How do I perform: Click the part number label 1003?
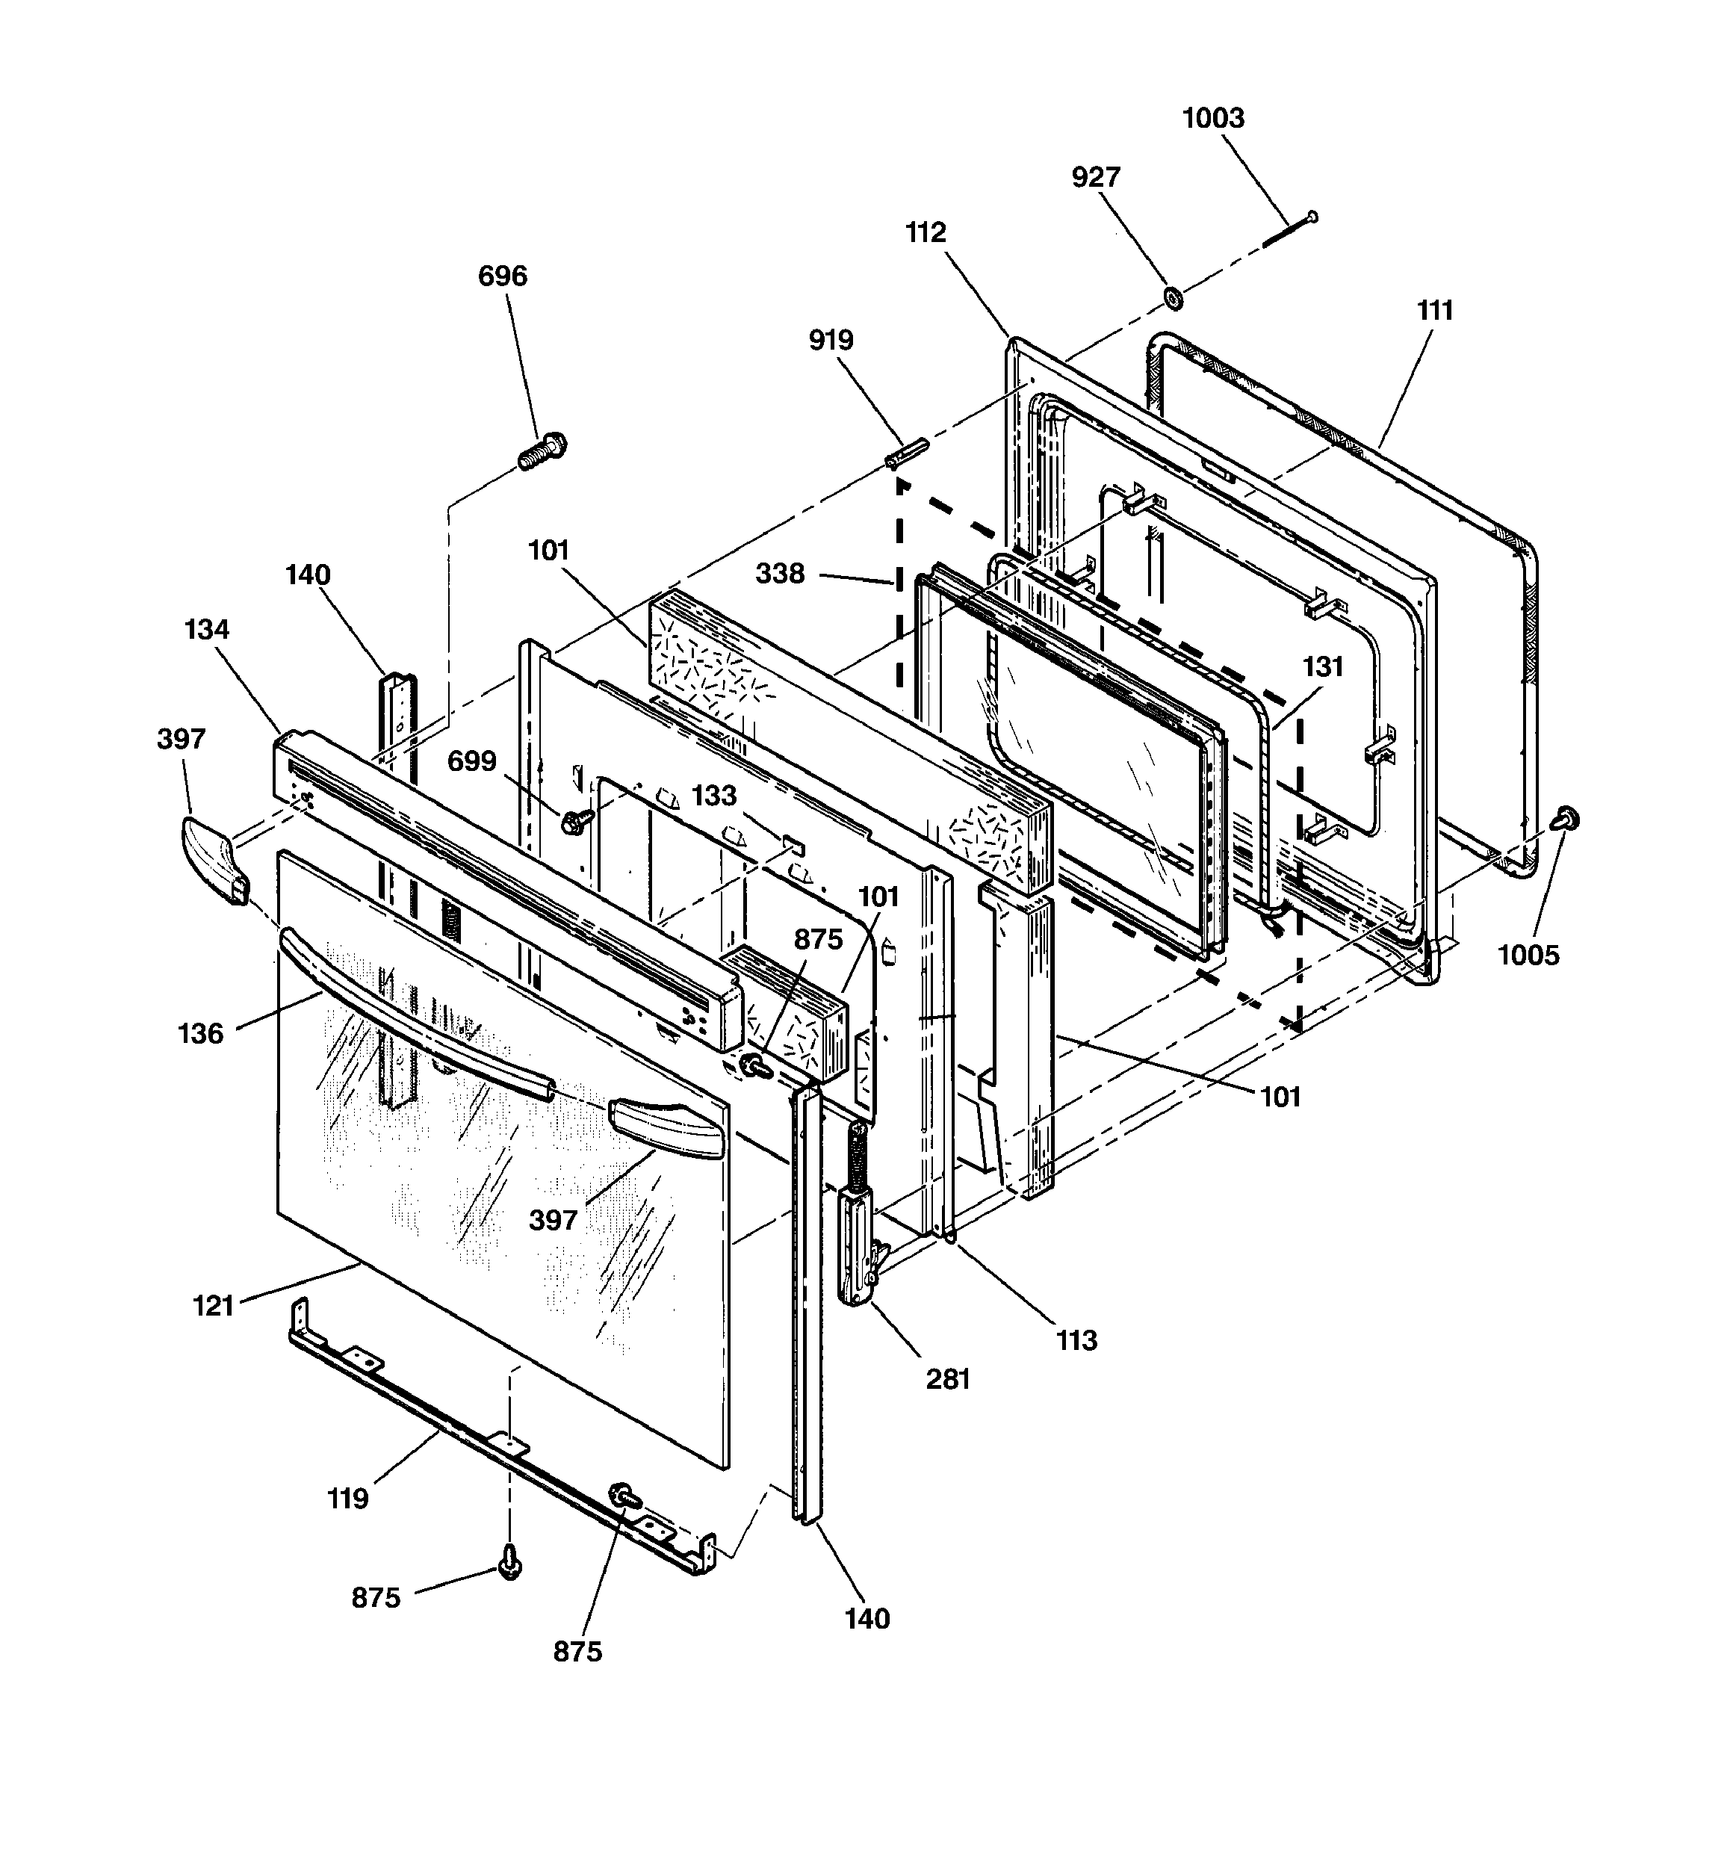1212,118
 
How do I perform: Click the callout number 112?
926,232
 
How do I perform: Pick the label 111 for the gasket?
1433,310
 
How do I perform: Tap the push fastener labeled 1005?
1566,819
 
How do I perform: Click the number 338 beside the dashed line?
780,573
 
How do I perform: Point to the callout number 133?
713,795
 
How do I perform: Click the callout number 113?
1076,1340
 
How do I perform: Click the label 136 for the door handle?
200,1033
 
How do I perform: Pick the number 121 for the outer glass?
213,1306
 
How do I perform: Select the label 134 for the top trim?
206,630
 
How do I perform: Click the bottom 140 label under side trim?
867,1618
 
